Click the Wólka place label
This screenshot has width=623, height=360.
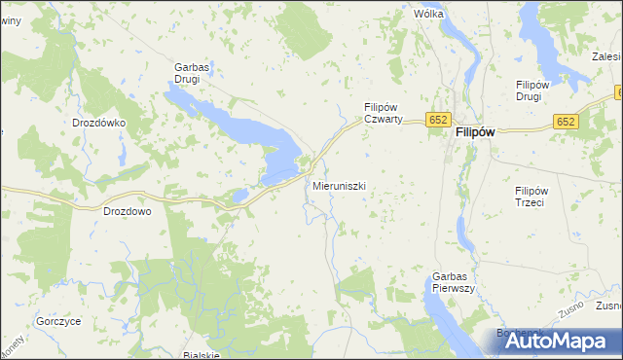click(x=428, y=15)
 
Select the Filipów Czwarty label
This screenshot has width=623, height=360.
click(x=389, y=113)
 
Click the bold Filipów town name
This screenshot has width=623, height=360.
click(x=477, y=136)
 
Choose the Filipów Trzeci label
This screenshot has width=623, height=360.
click(x=534, y=197)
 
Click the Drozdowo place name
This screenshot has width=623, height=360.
click(x=128, y=210)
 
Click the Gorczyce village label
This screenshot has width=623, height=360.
click(x=58, y=320)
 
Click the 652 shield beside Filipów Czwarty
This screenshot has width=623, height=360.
click(x=437, y=120)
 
